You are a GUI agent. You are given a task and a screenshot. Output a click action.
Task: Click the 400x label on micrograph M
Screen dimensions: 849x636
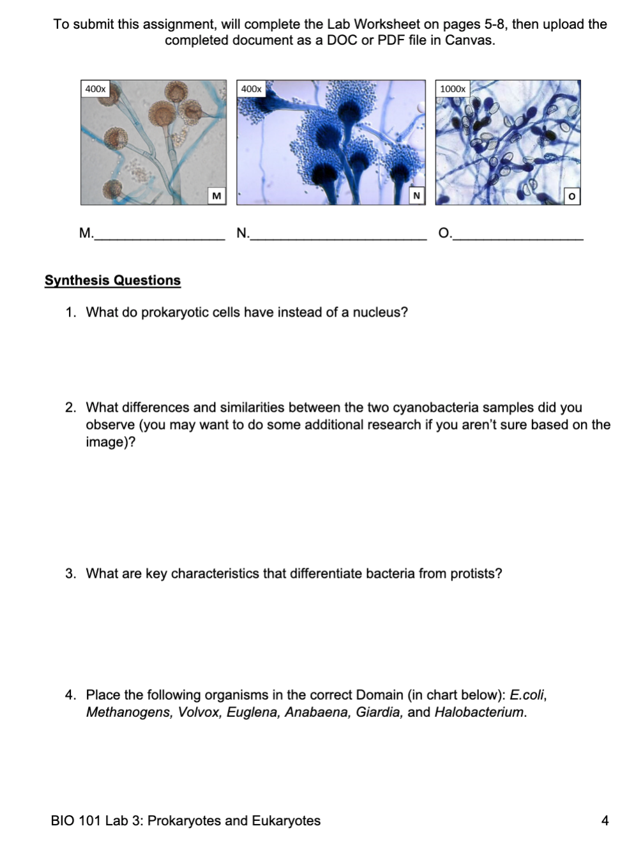(x=96, y=89)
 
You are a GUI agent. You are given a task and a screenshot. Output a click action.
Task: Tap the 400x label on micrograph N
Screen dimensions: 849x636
(x=251, y=89)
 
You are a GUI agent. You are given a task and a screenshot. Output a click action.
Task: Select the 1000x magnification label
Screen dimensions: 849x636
(x=452, y=89)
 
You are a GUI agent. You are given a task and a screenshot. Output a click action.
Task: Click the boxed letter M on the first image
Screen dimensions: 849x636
(x=216, y=196)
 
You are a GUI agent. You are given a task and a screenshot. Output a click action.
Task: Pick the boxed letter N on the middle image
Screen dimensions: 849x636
(x=416, y=196)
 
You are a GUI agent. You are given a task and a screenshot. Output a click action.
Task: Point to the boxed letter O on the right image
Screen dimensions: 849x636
(x=572, y=196)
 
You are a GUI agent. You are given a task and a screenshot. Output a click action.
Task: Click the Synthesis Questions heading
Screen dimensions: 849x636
(x=112, y=280)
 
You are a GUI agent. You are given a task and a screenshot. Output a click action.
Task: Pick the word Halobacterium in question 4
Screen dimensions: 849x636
(x=479, y=712)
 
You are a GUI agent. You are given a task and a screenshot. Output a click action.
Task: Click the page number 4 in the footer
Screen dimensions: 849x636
(x=605, y=821)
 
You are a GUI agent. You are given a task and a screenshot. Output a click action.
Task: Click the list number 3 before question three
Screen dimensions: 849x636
(x=70, y=573)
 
